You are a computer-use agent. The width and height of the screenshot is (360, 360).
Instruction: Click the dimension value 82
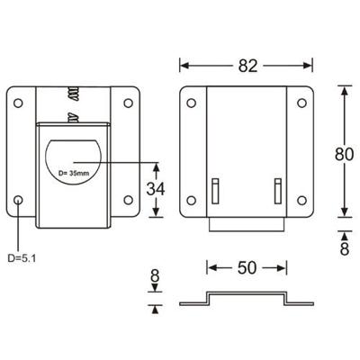click(x=249, y=65)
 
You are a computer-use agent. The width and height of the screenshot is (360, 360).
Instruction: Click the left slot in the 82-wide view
click(x=215, y=191)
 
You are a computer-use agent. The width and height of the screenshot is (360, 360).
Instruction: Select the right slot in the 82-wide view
click(x=278, y=191)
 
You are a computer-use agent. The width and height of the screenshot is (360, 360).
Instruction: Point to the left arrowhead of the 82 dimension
click(x=184, y=65)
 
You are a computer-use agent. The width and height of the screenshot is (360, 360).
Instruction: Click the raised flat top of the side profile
click(x=247, y=293)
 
